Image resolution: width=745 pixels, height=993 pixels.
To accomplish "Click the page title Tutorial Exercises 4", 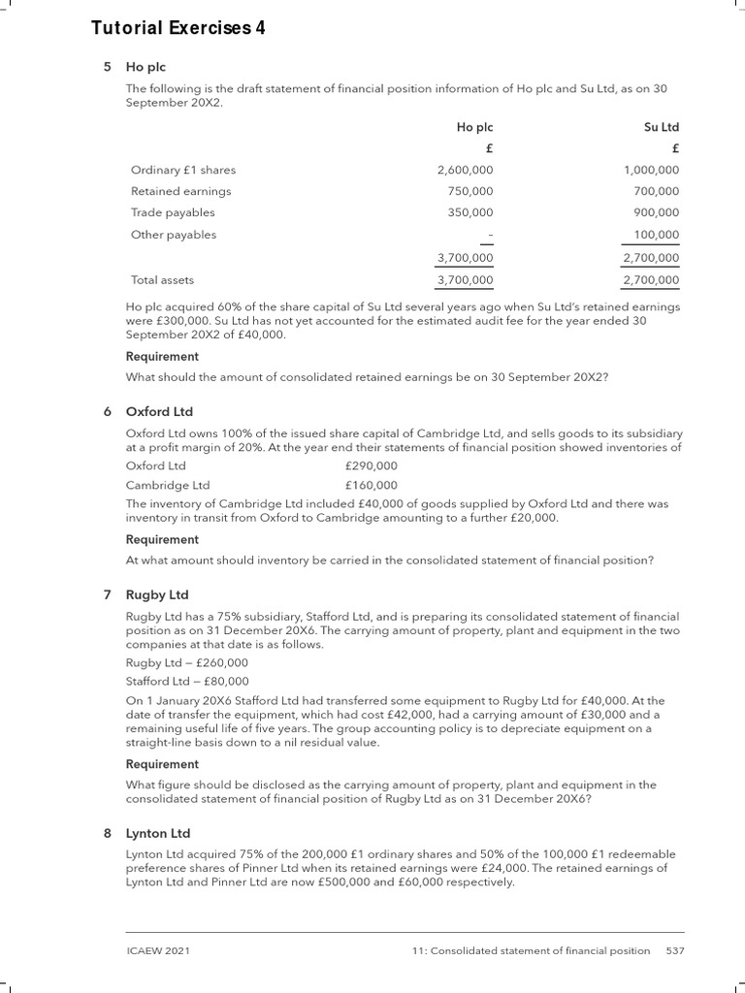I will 178,29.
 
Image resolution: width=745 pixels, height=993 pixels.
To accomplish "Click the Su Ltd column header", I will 661,127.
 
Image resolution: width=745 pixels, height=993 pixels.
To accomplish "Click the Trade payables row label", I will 173,212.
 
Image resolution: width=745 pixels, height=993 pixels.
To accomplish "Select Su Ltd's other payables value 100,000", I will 656,235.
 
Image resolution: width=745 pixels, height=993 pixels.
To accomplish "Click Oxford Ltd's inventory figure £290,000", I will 372,466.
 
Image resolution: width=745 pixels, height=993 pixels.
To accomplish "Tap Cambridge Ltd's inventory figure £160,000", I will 372,485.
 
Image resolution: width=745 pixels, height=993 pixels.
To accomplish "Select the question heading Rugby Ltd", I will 157,594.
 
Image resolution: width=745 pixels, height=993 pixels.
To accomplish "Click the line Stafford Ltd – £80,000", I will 187,681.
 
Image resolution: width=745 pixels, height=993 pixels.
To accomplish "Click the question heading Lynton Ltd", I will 158,833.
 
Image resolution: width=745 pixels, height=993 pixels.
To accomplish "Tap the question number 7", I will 107,594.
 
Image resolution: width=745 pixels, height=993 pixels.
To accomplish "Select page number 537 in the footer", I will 675,950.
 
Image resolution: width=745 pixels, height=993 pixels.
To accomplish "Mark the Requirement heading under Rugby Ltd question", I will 162,764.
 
